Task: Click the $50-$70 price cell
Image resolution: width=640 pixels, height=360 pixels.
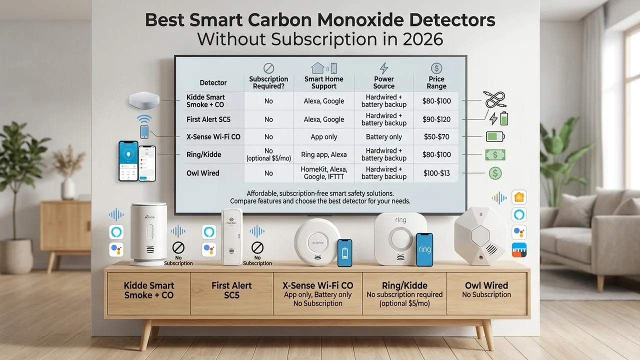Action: pos(436,136)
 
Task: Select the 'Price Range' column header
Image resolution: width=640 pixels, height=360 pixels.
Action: pos(436,82)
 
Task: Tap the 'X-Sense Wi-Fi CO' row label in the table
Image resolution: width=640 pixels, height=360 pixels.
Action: pos(206,136)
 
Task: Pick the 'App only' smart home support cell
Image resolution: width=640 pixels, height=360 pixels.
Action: pos(323,136)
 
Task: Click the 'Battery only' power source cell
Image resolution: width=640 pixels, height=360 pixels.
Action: pos(384,136)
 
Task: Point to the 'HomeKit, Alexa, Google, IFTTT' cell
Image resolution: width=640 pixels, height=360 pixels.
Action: pos(323,173)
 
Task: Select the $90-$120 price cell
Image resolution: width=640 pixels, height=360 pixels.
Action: pos(436,119)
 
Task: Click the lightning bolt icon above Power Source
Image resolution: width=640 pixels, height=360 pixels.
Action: pos(383,68)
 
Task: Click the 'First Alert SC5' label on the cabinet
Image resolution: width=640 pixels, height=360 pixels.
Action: pos(231,290)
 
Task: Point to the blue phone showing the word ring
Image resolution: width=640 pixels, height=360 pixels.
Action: pos(424,249)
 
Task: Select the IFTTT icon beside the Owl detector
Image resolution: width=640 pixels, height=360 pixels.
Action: pos(519,249)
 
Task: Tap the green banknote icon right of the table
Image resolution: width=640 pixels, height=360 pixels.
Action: pos(495,154)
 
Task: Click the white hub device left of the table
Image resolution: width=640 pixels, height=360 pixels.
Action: pos(144,101)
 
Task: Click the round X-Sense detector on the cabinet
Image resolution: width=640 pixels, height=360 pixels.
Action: pos(317,242)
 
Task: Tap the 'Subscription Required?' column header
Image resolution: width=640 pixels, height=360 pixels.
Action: pos(268,82)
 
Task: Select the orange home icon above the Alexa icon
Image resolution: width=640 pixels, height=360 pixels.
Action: pos(519,197)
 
